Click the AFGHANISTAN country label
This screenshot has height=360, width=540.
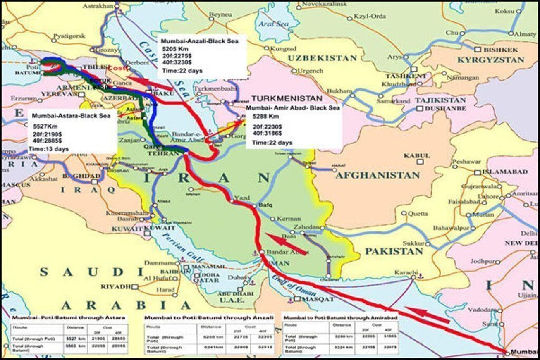click(378, 175)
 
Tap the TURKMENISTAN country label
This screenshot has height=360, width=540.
click(287, 99)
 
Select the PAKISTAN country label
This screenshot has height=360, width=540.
click(394, 251)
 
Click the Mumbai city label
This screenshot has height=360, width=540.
click(525, 352)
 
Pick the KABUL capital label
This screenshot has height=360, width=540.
click(416, 156)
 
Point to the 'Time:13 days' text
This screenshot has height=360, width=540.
click(48, 149)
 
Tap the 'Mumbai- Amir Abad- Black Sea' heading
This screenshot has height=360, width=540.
click(293, 107)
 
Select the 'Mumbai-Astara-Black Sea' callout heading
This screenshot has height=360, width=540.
click(71, 116)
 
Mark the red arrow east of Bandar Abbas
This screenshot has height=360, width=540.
click(286, 243)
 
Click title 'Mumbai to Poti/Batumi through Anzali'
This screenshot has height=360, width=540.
click(209, 317)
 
